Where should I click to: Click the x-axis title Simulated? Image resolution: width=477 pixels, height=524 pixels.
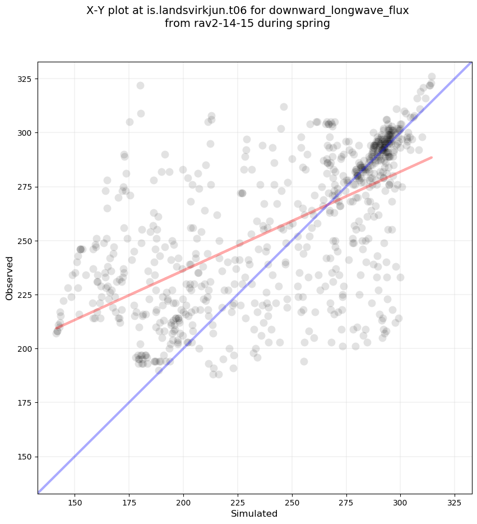point(254,513)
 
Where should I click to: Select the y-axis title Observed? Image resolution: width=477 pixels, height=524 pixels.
point(10,278)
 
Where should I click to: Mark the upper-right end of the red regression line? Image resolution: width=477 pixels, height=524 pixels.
point(432,157)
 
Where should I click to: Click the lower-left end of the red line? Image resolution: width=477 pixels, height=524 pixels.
point(56,328)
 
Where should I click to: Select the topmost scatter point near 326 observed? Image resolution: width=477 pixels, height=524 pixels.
point(432,77)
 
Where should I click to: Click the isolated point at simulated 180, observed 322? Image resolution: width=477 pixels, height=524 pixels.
point(140,85)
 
